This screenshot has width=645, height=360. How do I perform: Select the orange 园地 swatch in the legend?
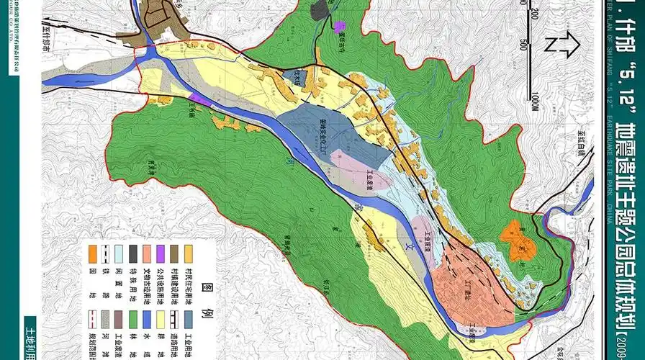point(93,253)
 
